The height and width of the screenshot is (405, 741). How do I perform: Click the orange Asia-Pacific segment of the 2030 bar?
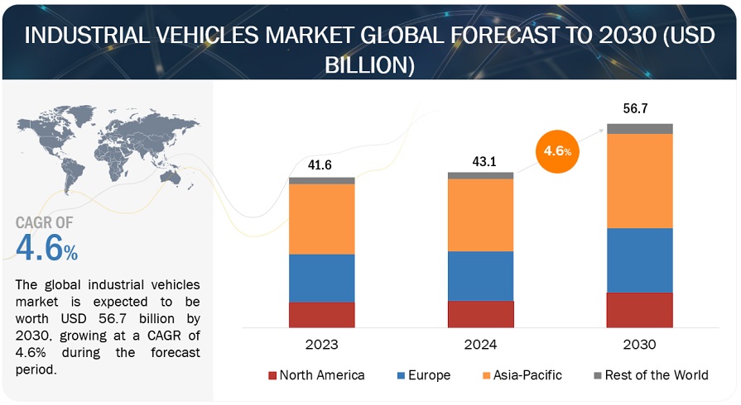coord(639,180)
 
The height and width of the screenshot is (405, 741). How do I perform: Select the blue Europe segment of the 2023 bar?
coord(321,278)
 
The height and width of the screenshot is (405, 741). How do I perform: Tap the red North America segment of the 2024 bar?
coord(480,314)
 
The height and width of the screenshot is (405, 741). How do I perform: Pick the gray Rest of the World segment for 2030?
coord(639,128)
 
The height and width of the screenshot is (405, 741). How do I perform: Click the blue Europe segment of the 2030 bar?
coord(639,260)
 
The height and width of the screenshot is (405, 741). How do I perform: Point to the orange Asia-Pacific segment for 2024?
coord(480,215)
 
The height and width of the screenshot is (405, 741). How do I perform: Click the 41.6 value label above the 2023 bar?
coord(321,165)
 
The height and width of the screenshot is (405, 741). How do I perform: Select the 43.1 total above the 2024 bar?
coord(480,161)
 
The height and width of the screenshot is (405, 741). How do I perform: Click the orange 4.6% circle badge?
coord(556,152)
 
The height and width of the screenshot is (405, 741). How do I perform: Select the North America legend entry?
coord(316,375)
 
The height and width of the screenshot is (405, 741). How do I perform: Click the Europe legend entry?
coord(424,375)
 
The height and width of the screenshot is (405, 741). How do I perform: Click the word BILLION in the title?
coord(370,65)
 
